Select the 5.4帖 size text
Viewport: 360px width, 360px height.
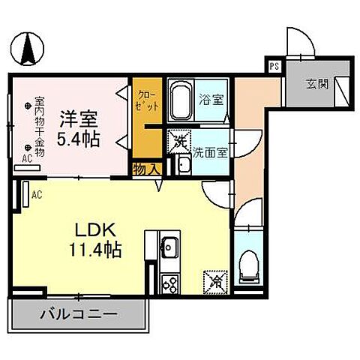pos(78,138)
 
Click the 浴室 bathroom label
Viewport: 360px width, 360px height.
pos(211,98)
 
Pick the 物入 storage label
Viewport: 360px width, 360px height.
pos(145,169)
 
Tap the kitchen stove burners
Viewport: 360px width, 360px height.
pos(169,283)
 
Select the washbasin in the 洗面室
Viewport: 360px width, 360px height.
pos(182,164)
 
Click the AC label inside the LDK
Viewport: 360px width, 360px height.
pos(35,195)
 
